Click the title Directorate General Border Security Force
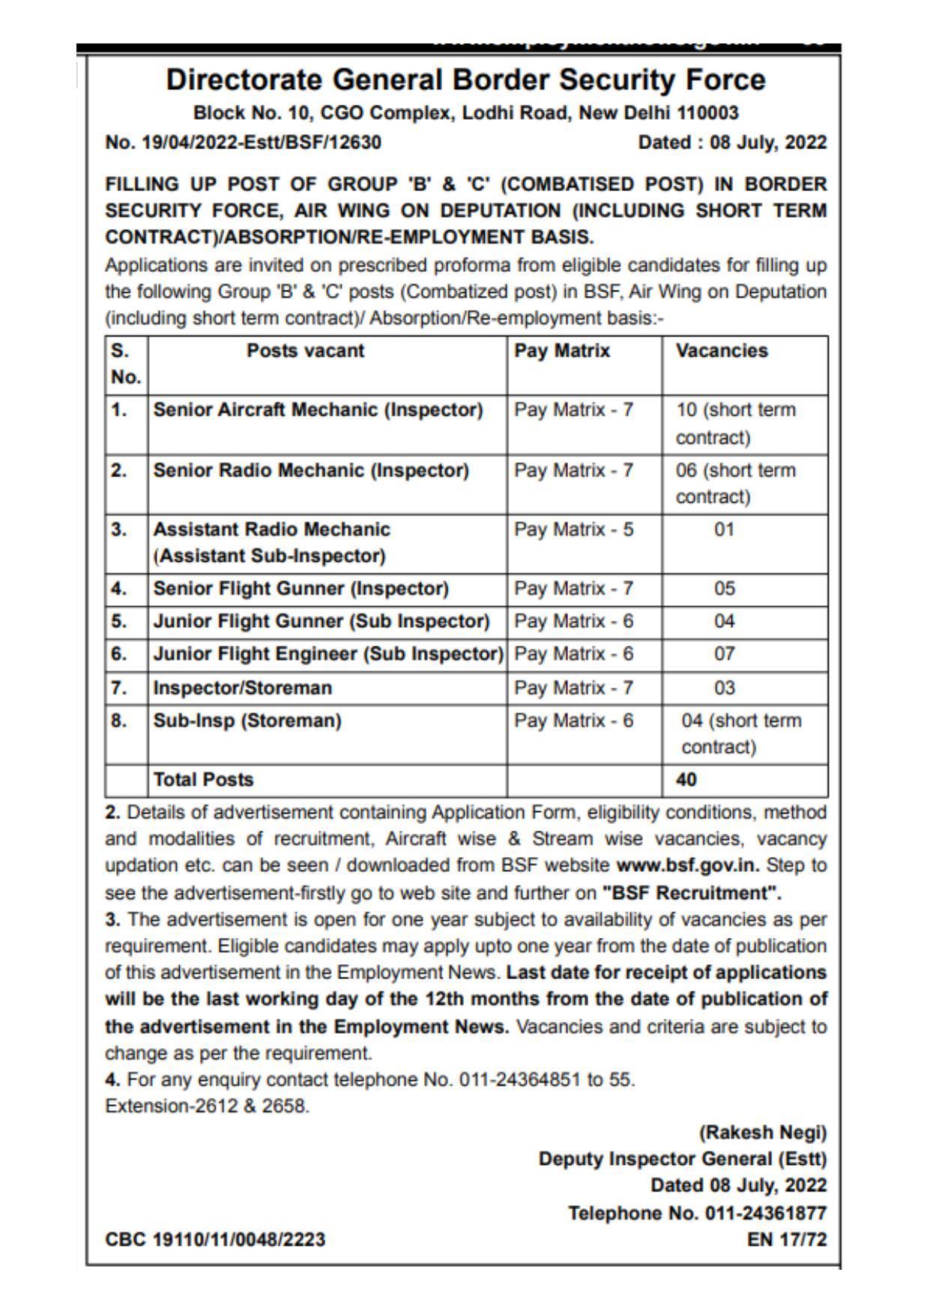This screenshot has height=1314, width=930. point(465,79)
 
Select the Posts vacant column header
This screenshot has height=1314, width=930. point(305,351)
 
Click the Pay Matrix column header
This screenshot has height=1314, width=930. point(562,351)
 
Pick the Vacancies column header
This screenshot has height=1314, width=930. point(722,351)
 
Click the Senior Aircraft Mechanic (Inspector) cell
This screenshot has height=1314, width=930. point(318,410)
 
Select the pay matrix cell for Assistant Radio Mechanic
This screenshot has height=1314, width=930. point(573,530)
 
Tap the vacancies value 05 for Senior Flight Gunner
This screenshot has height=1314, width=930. point(724,589)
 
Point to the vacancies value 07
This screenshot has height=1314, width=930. point(724,654)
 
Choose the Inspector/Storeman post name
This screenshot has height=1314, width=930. point(242,688)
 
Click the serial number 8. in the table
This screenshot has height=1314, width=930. point(118,721)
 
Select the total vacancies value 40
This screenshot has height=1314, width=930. point(686,780)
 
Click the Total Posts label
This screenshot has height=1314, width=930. point(203,780)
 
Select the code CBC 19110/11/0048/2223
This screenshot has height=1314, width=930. point(215,1240)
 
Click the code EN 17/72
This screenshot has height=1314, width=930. point(787,1240)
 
